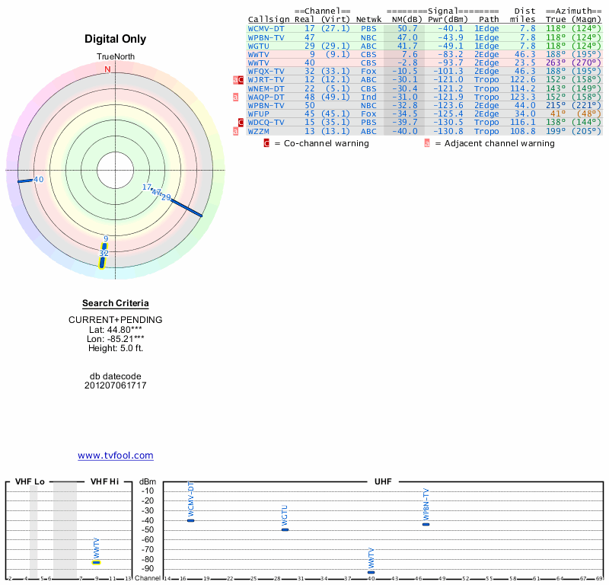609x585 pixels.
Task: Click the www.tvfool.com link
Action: pos(115,456)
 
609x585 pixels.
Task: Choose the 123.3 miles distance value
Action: pos(522,97)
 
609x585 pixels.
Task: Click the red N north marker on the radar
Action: pos(107,69)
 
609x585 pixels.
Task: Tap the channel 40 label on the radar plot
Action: pos(38,180)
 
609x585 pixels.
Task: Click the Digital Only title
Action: pos(115,39)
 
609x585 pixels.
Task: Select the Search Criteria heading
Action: pos(115,303)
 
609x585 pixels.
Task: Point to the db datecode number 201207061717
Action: pos(115,385)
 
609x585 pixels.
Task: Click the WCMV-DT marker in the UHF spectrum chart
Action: pos(190,519)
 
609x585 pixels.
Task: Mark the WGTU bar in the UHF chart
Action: pos(285,529)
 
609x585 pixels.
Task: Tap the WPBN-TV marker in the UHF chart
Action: pos(426,524)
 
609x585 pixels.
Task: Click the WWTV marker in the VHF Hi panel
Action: pos(97,562)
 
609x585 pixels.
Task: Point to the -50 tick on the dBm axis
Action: pos(148,530)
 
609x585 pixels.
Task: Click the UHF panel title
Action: pos(383,481)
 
